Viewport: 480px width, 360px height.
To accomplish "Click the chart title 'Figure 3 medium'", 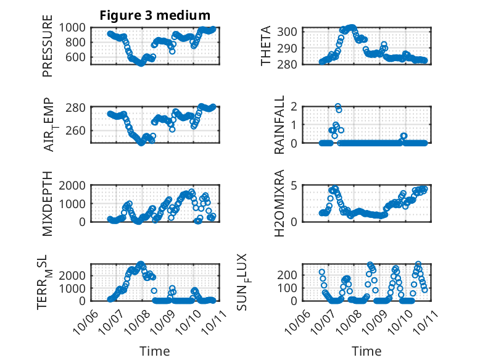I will (x=155, y=15).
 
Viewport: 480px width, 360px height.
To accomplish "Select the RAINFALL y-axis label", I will (x=279, y=124).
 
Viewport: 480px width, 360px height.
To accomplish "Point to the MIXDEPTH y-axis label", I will (x=48, y=203).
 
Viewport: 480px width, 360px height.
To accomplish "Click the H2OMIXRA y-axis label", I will (x=279, y=203).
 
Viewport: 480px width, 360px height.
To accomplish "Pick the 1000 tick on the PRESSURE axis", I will (x=75, y=27).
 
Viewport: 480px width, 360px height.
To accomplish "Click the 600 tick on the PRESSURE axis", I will (x=78, y=57).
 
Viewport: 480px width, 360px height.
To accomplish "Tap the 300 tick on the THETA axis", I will (x=289, y=31).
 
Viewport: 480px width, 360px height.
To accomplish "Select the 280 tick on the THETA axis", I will (x=289, y=64).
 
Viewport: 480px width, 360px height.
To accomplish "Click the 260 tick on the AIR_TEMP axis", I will (x=78, y=130).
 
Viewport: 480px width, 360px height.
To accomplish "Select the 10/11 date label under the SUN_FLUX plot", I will (x=420, y=321).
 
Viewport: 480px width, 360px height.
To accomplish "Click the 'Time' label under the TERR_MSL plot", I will (x=155, y=351).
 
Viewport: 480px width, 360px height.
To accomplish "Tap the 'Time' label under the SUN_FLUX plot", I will (x=366, y=351).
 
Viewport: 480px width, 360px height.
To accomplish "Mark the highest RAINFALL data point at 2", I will (x=338, y=106).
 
